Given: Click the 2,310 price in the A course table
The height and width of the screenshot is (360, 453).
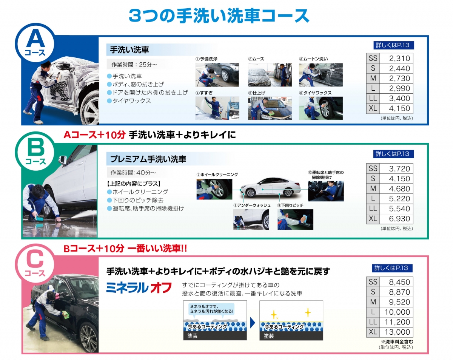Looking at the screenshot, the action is [399, 58].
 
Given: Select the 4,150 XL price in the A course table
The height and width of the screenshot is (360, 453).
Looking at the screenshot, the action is [399, 108].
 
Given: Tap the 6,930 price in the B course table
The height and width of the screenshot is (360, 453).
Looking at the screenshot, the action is [399, 219].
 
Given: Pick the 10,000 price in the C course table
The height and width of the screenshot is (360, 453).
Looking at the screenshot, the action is [397, 312].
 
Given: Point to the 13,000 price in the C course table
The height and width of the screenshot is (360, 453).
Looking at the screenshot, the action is [397, 332].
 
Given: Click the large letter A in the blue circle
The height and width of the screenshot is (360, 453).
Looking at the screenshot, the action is [35, 39].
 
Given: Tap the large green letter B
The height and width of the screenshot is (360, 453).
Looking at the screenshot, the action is [36, 147].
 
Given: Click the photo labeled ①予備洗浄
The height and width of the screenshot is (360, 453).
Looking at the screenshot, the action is [217, 75].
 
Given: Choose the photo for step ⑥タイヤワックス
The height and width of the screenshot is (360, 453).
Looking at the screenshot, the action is [320, 108].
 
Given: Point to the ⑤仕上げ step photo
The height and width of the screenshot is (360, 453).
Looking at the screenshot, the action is [270, 108].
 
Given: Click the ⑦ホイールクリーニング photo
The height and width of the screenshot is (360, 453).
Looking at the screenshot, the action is [214, 189].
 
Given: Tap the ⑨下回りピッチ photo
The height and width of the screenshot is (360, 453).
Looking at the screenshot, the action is [295, 219].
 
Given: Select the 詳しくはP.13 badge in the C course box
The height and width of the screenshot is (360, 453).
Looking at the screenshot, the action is [392, 268].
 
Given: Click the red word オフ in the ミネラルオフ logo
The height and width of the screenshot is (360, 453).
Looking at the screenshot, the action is [161, 287].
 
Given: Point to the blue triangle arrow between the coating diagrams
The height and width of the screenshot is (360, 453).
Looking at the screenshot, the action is [253, 323].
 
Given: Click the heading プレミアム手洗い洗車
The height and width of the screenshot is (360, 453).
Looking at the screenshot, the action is [148, 159].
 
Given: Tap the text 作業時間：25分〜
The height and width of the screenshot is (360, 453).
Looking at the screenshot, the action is [134, 65].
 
